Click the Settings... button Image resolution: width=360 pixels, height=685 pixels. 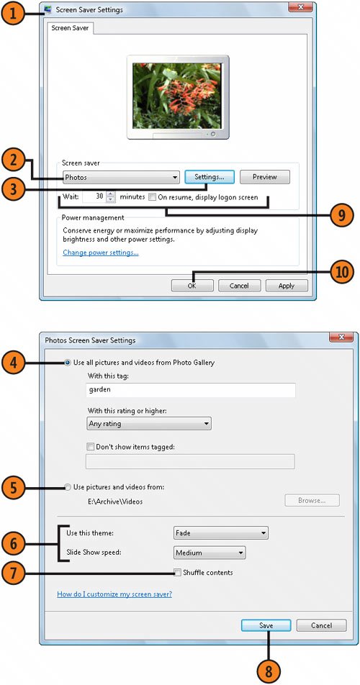(x=210, y=177)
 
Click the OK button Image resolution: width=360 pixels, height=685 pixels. (x=192, y=286)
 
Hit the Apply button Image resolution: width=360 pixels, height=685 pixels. (x=287, y=286)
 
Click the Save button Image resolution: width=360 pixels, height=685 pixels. (x=266, y=625)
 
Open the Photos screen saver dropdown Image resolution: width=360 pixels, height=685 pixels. (x=121, y=177)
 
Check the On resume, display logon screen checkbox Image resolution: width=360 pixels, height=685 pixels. (x=152, y=197)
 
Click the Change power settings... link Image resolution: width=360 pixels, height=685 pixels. (x=101, y=253)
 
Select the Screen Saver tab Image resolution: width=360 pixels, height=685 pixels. (x=70, y=28)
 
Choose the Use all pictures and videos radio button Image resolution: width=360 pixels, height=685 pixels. (x=68, y=363)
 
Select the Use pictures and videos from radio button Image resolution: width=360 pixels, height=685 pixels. (x=68, y=487)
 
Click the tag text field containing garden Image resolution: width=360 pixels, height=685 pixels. (x=191, y=390)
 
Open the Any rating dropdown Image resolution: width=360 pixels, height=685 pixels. (x=148, y=423)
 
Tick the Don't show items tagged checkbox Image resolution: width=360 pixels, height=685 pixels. (x=91, y=447)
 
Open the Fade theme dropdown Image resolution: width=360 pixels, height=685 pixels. (x=220, y=533)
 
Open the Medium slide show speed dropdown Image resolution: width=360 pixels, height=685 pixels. (x=210, y=553)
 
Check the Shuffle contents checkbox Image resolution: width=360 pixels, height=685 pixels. (x=177, y=573)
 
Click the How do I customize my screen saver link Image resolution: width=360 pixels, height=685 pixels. (x=114, y=594)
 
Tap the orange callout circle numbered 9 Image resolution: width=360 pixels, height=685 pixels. (x=342, y=215)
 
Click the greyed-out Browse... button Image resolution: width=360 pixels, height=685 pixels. (x=312, y=501)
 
